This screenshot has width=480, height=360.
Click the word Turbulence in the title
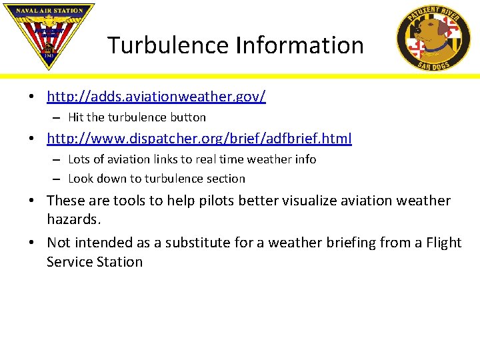point(169,45)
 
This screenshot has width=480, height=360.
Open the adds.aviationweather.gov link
point(156,97)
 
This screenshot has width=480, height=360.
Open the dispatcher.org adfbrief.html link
point(199,139)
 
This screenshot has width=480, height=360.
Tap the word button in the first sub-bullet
point(188,117)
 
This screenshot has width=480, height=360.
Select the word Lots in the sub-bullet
point(79,159)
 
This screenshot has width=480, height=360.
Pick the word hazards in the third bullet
point(73,219)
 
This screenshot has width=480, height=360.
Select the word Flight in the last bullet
point(440,243)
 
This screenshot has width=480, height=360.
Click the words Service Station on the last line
point(95,262)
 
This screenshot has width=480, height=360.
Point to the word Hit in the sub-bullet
point(75,117)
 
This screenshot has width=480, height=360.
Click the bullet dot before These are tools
point(32,201)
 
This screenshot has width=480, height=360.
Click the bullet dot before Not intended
point(32,243)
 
